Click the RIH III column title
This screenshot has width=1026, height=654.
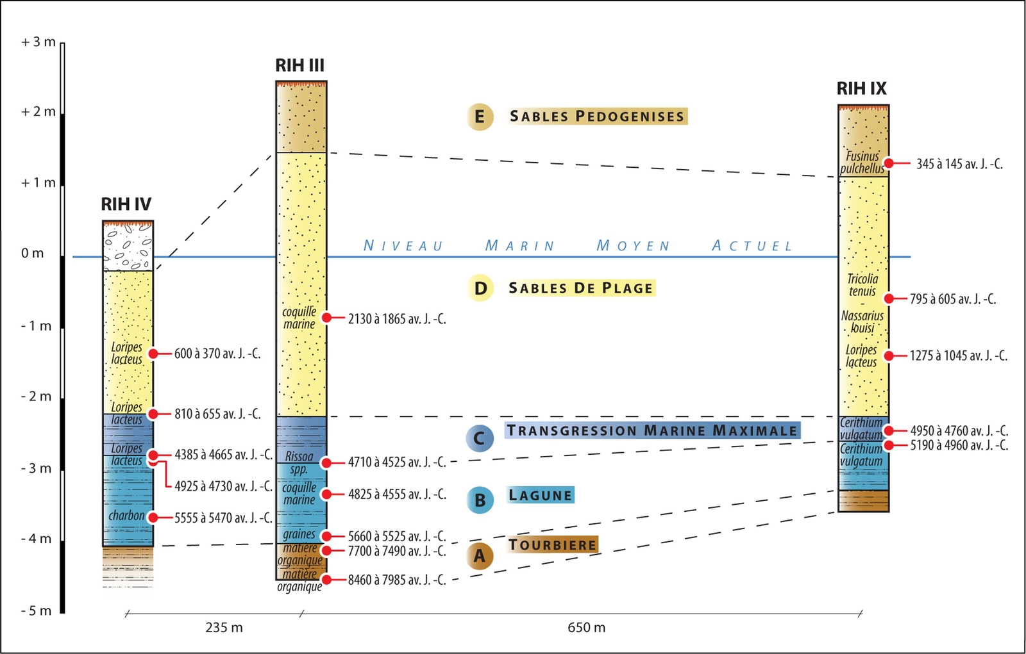pos(299,65)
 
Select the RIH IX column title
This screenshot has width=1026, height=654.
pos(861,88)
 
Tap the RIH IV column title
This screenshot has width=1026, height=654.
pos(126,204)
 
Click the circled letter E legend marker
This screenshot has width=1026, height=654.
pos(480,117)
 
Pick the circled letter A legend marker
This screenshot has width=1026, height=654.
pos(480,556)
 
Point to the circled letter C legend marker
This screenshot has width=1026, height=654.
pos(480,439)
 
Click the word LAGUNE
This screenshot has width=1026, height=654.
pos(540,495)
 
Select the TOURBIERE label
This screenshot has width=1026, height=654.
pos(553,545)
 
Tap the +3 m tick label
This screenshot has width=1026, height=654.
pos(38,42)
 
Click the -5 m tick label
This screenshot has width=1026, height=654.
pos(36,610)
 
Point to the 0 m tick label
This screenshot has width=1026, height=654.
pos(33,254)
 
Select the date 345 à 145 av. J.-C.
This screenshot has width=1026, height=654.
pos(959,164)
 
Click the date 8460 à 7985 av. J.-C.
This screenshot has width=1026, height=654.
pos(396,580)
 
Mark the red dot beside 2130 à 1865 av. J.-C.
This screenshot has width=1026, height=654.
pos(327,318)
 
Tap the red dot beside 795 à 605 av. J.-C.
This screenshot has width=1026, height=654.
pos(889,298)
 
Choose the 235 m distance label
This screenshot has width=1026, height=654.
pos(224,628)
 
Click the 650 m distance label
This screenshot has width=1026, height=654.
pos(586,628)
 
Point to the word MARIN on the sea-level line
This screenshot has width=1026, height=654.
pos(519,246)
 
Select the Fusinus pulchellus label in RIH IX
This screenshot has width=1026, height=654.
pos(862,162)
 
